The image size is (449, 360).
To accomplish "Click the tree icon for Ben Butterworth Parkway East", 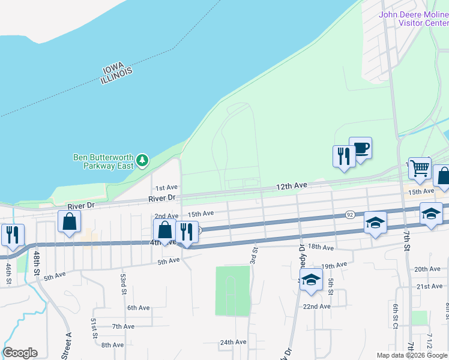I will coord(142,160).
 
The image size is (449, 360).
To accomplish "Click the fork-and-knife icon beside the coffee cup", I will coord(344,156).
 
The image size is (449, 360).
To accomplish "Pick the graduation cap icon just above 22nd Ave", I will coord(311,280).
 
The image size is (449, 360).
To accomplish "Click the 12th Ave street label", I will coord(292,187).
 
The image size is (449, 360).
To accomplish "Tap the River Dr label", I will coord(163,197).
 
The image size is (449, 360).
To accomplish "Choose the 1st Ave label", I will coord(166,188).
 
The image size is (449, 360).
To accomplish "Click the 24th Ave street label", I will coord(233,342).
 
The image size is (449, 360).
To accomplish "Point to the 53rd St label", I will coord(122,280).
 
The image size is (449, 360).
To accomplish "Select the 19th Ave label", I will coord(335,265).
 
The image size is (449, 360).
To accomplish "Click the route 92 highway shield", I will coord(349,214).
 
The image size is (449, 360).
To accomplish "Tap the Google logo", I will coord(20,353).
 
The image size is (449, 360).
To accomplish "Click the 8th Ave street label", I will coord(112,345).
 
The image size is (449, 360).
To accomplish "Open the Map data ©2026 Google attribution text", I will coord(412,355).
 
